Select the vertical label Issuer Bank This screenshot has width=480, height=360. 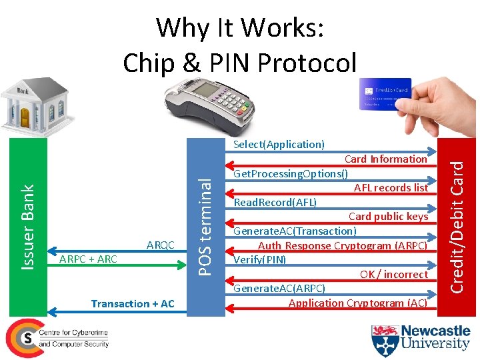click(27, 227)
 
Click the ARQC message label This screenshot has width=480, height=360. click(160, 245)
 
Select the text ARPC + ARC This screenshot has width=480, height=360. click(89, 259)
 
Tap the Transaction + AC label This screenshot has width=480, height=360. click(133, 304)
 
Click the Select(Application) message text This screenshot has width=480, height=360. click(279, 144)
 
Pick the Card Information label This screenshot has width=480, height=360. click(385, 159)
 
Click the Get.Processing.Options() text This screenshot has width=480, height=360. click(291, 174)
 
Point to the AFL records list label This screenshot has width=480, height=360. click(391, 187)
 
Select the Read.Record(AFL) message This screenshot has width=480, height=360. click(275, 202)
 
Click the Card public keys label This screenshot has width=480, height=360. click(388, 216)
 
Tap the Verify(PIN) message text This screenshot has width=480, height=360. click(260, 259)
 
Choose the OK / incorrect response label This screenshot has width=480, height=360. click(393, 274)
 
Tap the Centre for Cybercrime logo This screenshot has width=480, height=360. click(57, 338)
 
